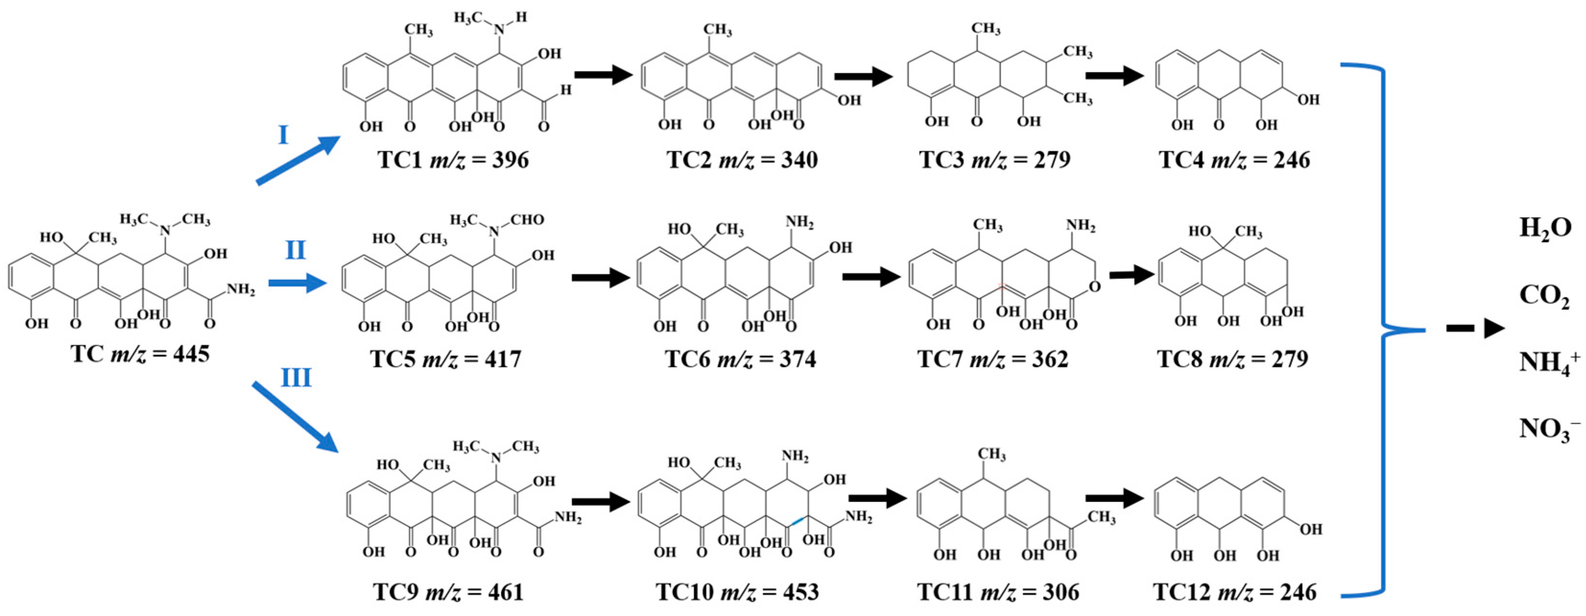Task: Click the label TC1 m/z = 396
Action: (453, 160)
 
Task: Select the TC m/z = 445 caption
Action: (141, 354)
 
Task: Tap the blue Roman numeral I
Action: (283, 135)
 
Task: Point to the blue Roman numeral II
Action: (296, 251)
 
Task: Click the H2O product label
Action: (1545, 228)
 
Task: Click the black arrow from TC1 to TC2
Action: (604, 75)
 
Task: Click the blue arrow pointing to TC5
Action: (297, 284)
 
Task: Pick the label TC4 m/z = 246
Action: (1234, 160)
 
